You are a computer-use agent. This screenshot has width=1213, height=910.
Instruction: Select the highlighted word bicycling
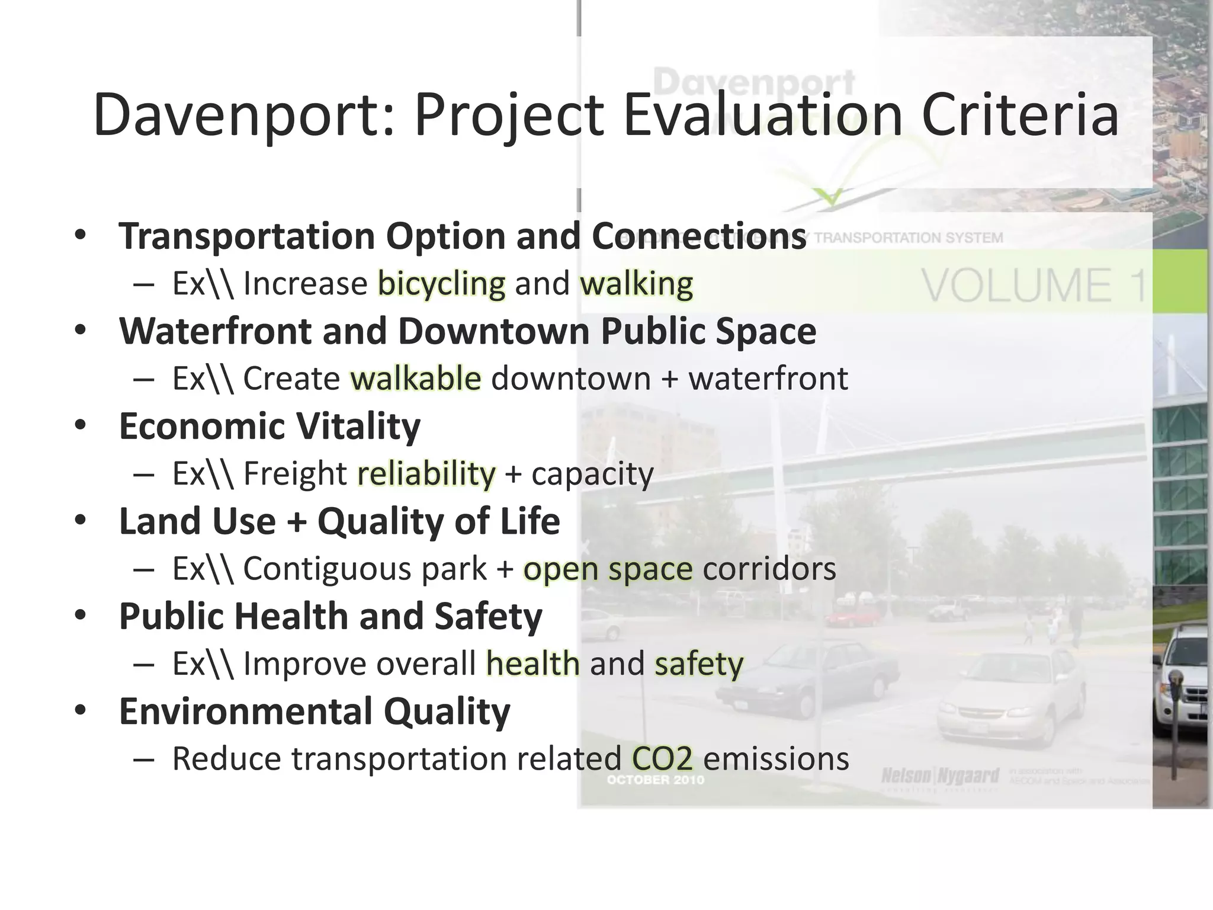click(442, 284)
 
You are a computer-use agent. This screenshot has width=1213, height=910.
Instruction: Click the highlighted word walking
click(636, 284)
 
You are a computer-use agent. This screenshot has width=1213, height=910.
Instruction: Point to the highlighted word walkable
click(416, 379)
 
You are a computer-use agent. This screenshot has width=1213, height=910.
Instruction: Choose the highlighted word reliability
click(426, 473)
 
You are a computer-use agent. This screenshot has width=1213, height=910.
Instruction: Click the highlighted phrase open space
click(608, 569)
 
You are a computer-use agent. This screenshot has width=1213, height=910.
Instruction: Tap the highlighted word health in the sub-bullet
click(532, 664)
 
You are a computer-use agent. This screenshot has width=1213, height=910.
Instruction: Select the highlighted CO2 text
click(662, 758)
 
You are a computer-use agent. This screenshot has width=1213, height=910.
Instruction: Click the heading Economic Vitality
click(269, 426)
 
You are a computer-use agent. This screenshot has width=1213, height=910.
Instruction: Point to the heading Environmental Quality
click(314, 711)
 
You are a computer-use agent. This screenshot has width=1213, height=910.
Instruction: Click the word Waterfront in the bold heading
click(215, 331)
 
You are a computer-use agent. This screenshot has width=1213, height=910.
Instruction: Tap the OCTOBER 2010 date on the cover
click(655, 780)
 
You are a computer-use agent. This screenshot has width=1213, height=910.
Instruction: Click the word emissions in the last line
click(776, 758)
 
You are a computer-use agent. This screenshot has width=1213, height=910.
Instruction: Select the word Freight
click(294, 473)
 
